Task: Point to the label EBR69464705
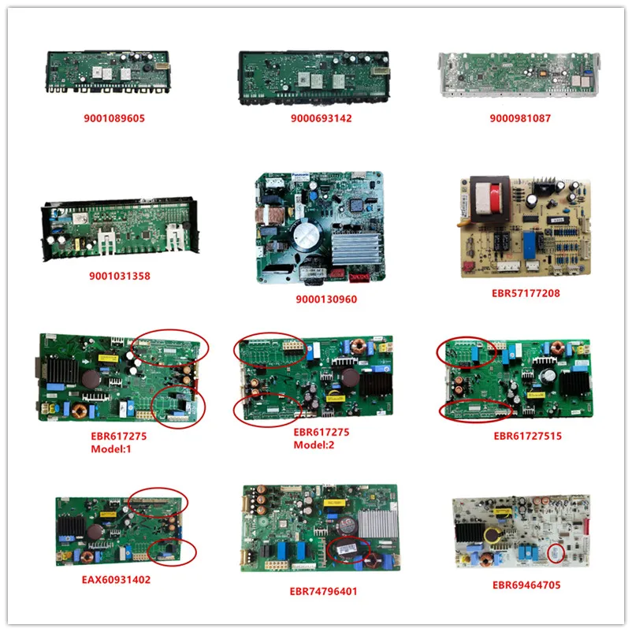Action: coord(525,586)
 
